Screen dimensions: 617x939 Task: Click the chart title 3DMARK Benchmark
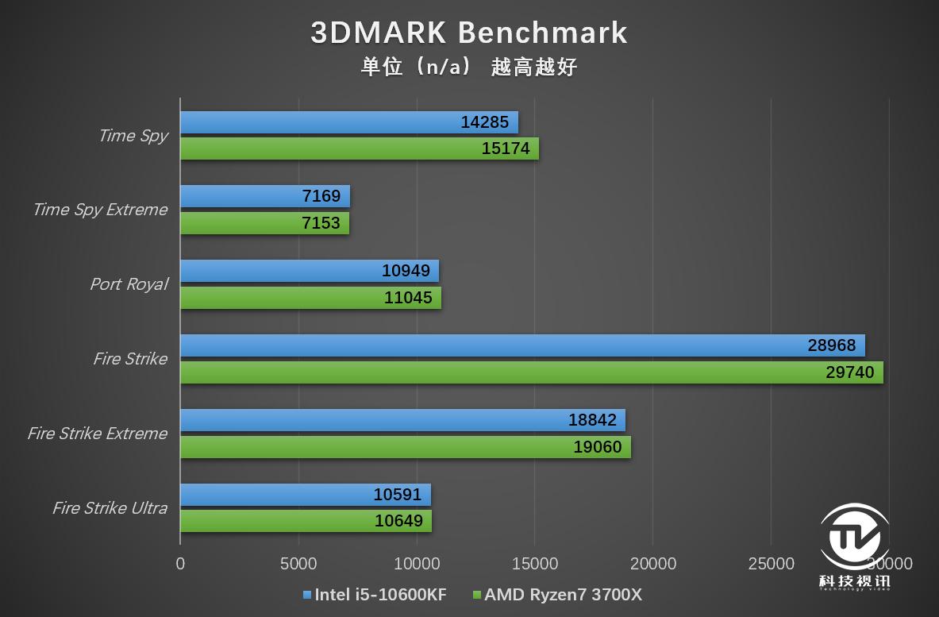click(x=469, y=33)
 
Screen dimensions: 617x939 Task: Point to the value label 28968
click(x=832, y=345)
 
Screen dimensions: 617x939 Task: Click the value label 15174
click(x=506, y=148)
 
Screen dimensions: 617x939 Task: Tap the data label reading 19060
click(x=598, y=447)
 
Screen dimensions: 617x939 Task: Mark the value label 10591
click(x=398, y=495)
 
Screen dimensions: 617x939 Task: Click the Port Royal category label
click(x=129, y=284)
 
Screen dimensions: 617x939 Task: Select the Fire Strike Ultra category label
click(x=110, y=508)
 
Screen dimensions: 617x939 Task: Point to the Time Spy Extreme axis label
click(x=100, y=210)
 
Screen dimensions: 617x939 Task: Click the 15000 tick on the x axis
click(x=535, y=564)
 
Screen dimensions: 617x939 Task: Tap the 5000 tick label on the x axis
click(x=298, y=564)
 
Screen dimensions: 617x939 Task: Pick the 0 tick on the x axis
click(x=180, y=564)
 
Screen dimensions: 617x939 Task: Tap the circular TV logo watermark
click(x=854, y=540)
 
